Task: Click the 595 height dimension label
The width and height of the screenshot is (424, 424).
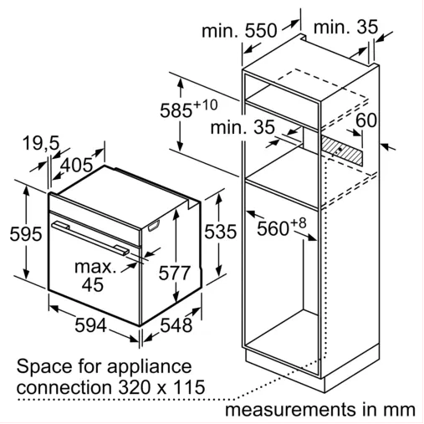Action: coord(26,233)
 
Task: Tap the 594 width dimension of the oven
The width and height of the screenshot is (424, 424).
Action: coord(91,325)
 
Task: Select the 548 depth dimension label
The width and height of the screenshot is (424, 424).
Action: coord(176,325)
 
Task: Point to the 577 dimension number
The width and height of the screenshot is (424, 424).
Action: coord(175,273)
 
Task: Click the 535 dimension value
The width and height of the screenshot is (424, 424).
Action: coord(221,232)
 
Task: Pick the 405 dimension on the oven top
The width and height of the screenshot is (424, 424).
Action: coord(77,165)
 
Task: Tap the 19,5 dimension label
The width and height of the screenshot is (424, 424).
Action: coord(41,143)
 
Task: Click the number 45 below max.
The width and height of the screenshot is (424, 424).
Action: coord(93,284)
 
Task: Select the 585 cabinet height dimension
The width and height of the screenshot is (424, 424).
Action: coord(176,110)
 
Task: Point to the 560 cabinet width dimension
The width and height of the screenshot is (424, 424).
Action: coord(273,229)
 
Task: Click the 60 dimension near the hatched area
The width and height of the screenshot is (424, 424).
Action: coord(366,120)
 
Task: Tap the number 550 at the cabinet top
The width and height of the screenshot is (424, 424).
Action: coord(261,30)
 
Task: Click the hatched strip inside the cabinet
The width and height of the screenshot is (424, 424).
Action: coord(342,150)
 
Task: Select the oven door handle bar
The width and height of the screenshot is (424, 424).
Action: coord(90,238)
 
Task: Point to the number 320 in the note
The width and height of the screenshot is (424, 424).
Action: coord(135,387)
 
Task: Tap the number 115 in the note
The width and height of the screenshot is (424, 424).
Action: coord(189,387)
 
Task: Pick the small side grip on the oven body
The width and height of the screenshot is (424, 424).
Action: coord(154,226)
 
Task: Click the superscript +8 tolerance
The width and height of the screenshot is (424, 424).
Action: coord(299,223)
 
